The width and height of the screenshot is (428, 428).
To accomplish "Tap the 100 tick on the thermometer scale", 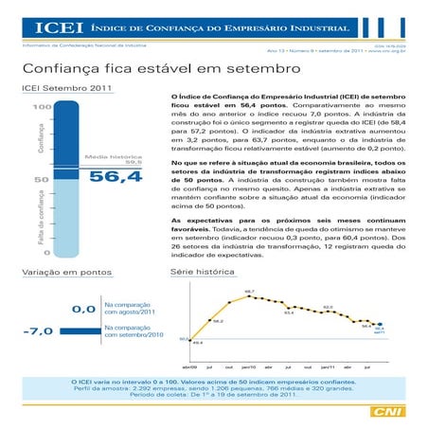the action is [41, 107].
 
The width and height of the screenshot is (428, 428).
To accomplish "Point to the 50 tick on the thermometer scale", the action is [43, 178].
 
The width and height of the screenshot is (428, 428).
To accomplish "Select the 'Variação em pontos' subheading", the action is [62, 273].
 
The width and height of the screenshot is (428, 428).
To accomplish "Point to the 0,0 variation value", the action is [82, 308].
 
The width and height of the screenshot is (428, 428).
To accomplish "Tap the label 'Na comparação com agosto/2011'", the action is [128, 308].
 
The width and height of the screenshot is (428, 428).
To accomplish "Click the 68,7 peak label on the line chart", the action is [249, 292].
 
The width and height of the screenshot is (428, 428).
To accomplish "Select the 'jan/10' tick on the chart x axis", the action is [249, 366].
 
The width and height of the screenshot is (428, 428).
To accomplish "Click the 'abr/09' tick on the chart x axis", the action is [188, 366].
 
